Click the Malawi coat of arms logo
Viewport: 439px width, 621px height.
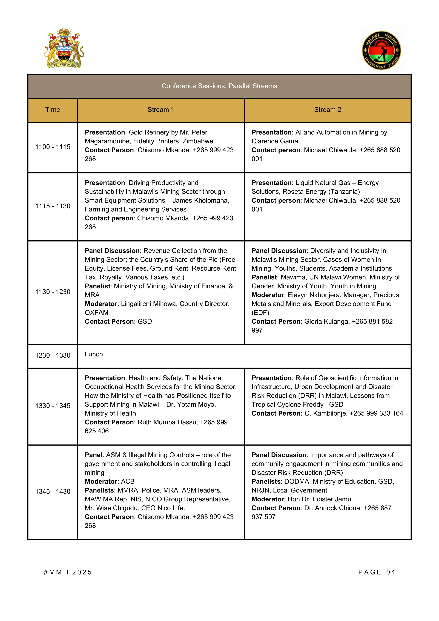click(64, 48)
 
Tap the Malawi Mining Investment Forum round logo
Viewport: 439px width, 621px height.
click(381, 50)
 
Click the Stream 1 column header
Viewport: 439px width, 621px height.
click(161, 110)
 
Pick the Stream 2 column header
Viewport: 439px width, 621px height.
click(327, 110)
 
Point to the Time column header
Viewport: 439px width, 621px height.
click(53, 110)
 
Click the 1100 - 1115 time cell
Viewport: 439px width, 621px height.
click(53, 147)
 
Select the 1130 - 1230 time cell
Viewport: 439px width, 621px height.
click(53, 292)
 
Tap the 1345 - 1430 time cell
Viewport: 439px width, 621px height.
click(53, 491)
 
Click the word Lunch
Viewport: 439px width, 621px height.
click(94, 354)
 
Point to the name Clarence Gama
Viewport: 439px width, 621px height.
click(275, 141)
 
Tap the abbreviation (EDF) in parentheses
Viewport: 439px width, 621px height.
click(260, 313)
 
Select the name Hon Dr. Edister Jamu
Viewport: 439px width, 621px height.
click(319, 499)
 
